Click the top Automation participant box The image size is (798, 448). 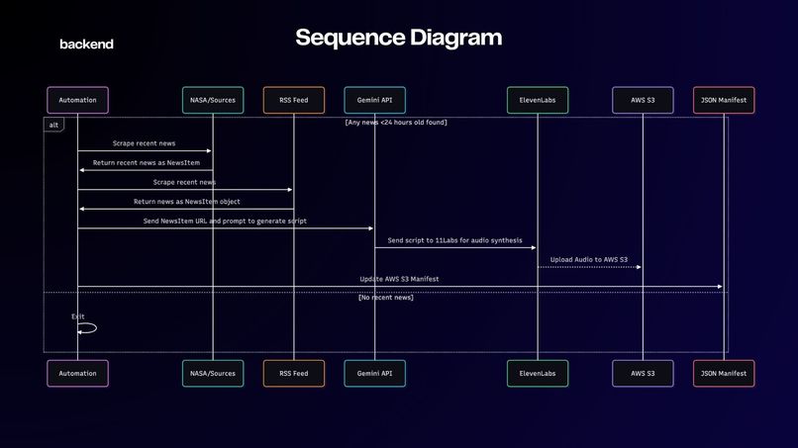tap(77, 100)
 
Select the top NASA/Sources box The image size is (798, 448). tap(213, 100)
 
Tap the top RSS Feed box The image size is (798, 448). tap(294, 100)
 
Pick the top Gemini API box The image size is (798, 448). tap(374, 100)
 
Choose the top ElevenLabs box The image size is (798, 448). tap(538, 100)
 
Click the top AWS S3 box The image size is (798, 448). tap(643, 100)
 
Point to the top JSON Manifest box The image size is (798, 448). tap(724, 100)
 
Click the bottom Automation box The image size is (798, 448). tap(77, 373)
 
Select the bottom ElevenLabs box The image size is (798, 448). tap(538, 373)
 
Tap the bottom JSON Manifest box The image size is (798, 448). tap(724, 373)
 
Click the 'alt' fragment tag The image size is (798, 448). tap(53, 125)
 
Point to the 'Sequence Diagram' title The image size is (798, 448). tap(398, 38)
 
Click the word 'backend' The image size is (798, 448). tap(86, 45)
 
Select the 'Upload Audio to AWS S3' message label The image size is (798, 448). tap(589, 259)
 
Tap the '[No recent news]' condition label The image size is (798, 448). tap(386, 298)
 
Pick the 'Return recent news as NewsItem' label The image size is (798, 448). tap(147, 163)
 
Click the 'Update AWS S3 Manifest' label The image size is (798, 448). tap(399, 279)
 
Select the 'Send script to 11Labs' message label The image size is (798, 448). tap(454, 240)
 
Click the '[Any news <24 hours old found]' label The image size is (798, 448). tap(396, 122)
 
